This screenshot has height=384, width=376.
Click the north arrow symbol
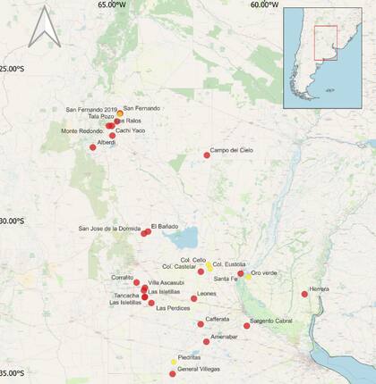(44, 28)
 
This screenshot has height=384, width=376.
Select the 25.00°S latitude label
(15, 69)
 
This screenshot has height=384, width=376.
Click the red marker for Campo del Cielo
(207, 155)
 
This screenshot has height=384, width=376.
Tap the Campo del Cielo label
(232, 150)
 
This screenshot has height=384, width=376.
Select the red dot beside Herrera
(305, 294)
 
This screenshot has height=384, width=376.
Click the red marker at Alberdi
(93, 147)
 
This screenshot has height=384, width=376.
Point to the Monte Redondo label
(82, 131)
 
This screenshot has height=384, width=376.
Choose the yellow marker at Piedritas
(174, 362)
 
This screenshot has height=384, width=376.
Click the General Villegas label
(199, 369)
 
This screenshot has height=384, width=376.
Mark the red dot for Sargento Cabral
(247, 326)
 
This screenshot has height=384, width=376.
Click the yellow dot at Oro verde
(248, 274)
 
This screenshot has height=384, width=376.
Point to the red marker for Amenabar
(207, 341)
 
